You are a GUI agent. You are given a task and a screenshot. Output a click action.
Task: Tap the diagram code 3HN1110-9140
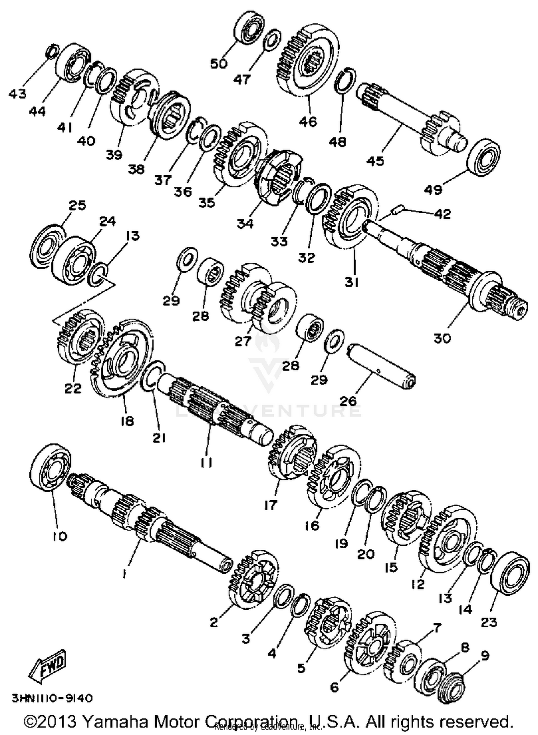tap(52, 698)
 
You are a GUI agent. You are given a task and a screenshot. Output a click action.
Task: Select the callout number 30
tap(442, 338)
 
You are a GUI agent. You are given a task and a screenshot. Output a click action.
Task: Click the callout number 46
tap(308, 121)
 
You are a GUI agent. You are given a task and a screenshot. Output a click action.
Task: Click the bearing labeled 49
tap(484, 158)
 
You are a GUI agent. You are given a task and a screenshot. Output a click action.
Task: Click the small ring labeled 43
tap(52, 51)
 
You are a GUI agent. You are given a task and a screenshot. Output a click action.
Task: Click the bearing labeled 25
tap(46, 246)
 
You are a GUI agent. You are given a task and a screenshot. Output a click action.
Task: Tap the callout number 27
tap(243, 341)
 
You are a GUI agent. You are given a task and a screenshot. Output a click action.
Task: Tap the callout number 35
tap(207, 202)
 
